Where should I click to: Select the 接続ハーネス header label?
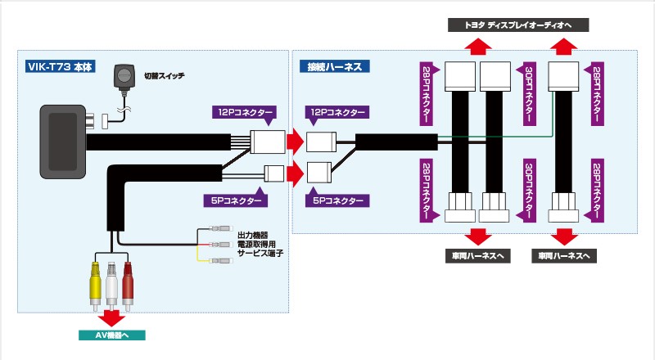[x=336, y=65]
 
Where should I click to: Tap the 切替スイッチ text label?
[x=165, y=75]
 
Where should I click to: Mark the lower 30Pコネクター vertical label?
[x=528, y=189]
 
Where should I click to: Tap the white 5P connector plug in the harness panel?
[x=318, y=173]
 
